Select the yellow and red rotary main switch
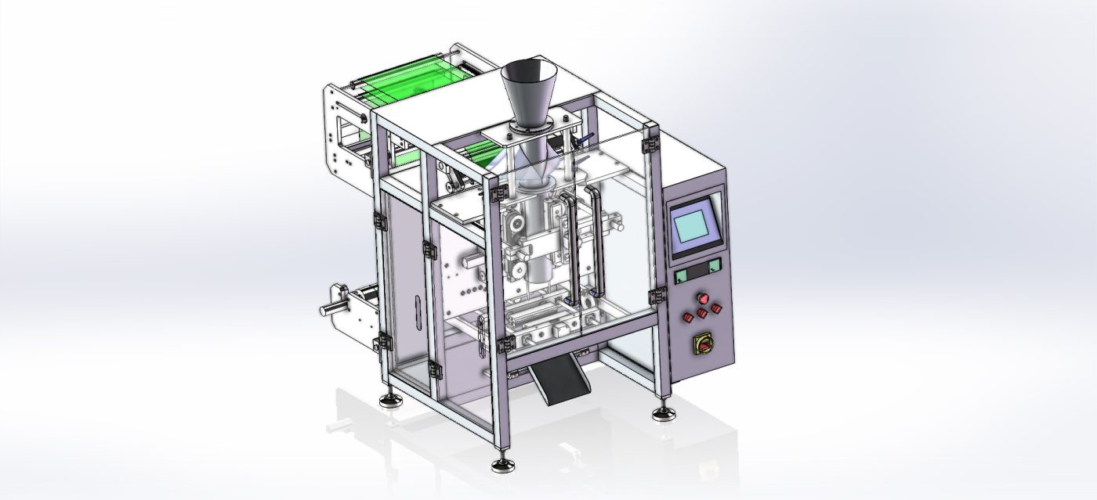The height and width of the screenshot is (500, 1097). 700,344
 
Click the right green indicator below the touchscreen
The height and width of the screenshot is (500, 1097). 715,265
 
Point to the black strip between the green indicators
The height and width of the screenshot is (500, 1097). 699,270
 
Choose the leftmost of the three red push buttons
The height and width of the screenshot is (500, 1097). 688,316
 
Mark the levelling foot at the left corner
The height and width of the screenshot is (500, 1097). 389,400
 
